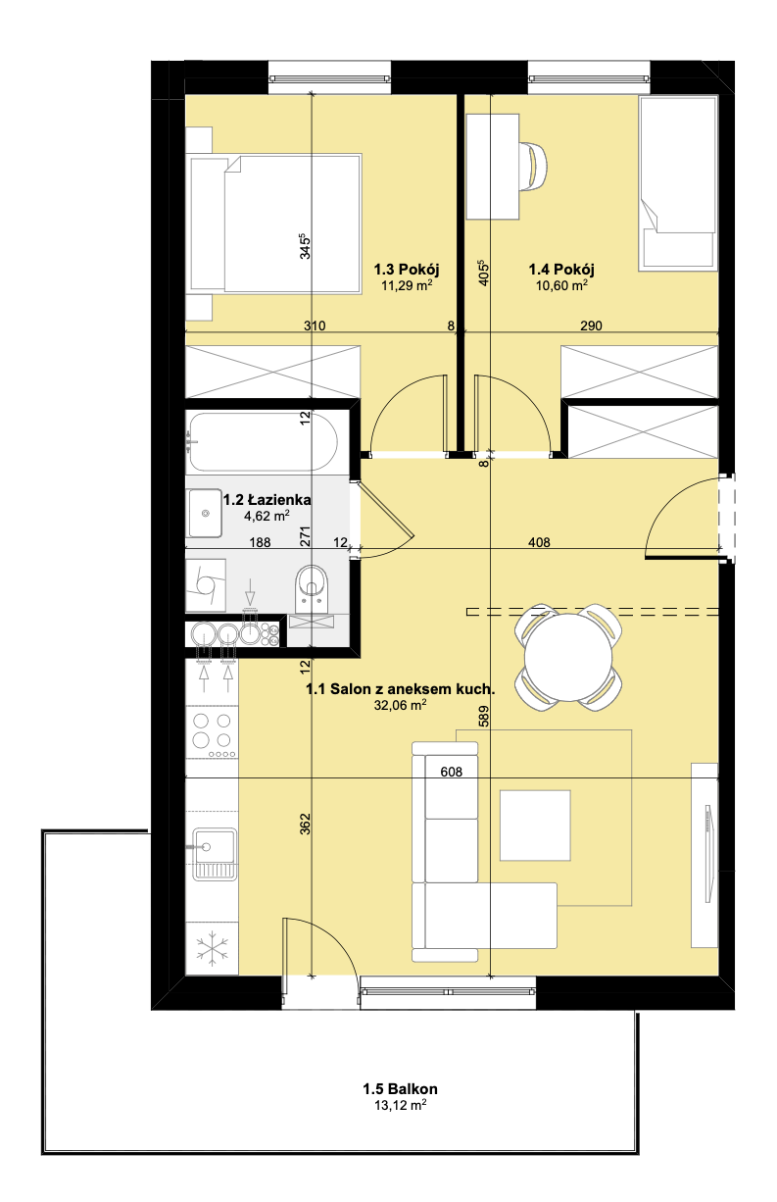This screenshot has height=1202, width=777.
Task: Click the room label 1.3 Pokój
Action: tap(407, 269)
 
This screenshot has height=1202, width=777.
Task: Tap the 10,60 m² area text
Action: tap(561, 285)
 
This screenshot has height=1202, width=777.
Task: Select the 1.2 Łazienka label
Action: tap(267, 500)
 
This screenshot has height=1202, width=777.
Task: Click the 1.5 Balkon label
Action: tap(400, 1089)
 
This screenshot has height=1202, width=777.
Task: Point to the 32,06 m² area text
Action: tap(400, 705)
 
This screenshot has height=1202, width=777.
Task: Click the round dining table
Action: tap(568, 657)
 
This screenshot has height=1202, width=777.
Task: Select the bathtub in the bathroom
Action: tap(262, 441)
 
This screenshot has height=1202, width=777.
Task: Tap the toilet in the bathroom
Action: tap(312, 588)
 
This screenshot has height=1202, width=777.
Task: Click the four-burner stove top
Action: tap(212, 733)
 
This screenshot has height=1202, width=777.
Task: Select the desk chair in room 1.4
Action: tap(534, 167)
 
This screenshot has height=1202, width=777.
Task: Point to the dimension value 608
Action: tap(451, 772)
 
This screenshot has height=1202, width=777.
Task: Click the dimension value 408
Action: tap(539, 542)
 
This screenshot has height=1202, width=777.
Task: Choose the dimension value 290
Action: tap(591, 326)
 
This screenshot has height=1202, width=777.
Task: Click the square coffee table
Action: tap(535, 826)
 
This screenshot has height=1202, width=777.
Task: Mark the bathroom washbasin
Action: tap(205, 513)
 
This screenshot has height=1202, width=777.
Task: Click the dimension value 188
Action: tap(260, 542)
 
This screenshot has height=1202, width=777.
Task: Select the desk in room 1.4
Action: tap(492, 167)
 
